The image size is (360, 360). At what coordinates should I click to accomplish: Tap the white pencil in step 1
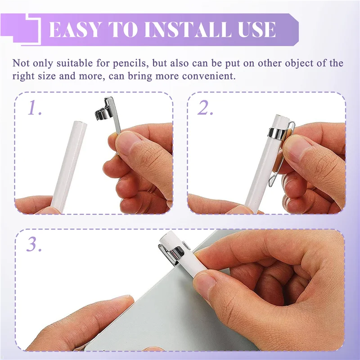pos(67,162)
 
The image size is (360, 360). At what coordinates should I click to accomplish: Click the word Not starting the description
pos(22,63)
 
